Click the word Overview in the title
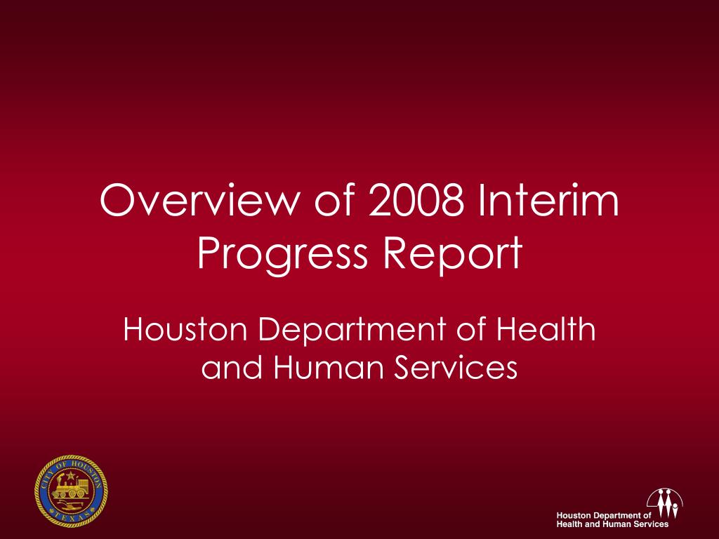[x=200, y=200]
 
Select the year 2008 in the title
[x=416, y=200]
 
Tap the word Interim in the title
[x=549, y=200]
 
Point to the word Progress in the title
[x=282, y=254]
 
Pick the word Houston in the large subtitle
[x=185, y=328]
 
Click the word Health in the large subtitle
[x=546, y=328]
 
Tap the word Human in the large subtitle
[x=328, y=367]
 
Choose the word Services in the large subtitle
[x=456, y=367]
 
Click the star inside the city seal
[x=71, y=477]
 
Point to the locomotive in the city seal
[x=70, y=488]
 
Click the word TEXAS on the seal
[x=71, y=517]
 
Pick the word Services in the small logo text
[x=651, y=524]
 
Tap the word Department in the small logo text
[x=617, y=516]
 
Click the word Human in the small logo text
[x=616, y=524]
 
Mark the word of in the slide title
[x=335, y=200]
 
